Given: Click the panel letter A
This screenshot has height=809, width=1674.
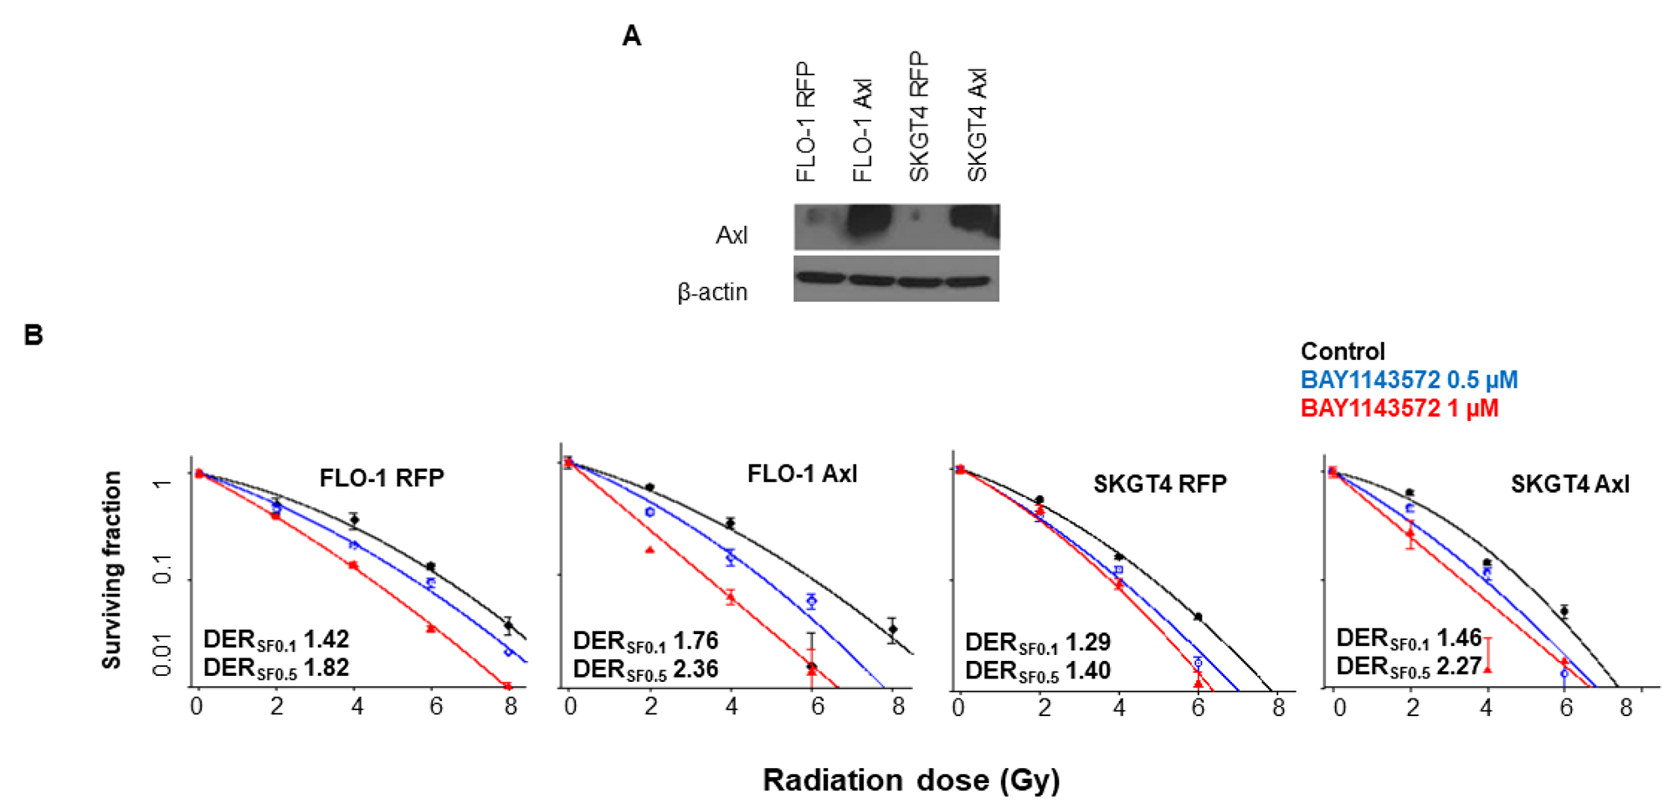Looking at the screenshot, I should click(x=632, y=36).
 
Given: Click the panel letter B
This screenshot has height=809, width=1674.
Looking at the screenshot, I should click(x=33, y=335).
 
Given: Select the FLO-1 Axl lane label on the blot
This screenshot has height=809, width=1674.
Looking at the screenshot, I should click(x=862, y=130).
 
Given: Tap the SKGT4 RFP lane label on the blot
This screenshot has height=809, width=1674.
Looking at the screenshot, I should click(x=919, y=117).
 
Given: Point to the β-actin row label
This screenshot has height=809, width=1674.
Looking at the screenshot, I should click(x=712, y=292).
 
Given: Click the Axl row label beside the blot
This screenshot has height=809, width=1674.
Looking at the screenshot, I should click(x=732, y=235).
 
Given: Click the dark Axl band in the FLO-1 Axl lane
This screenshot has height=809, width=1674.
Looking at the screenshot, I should click(x=870, y=222).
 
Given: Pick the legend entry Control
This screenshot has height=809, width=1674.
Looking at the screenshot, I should click(x=1343, y=351).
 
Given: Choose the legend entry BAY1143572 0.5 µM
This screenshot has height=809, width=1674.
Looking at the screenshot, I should click(x=1409, y=380).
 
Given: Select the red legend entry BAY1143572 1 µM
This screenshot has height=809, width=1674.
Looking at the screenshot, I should click(x=1399, y=408).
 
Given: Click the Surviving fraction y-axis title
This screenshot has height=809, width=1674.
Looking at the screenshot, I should click(x=111, y=570).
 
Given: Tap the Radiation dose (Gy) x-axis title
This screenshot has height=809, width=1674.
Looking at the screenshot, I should click(x=911, y=780).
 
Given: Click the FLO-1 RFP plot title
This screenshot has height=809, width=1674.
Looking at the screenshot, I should click(x=382, y=478).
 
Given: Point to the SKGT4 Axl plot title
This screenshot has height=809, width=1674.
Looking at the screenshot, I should click(x=1569, y=484).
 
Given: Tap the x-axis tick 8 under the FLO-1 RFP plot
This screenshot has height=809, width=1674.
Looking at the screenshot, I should click(x=511, y=708).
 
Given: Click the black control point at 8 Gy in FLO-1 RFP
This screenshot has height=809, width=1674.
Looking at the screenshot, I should click(x=508, y=625).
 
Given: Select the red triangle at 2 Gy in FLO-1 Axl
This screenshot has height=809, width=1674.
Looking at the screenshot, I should click(x=650, y=550).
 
